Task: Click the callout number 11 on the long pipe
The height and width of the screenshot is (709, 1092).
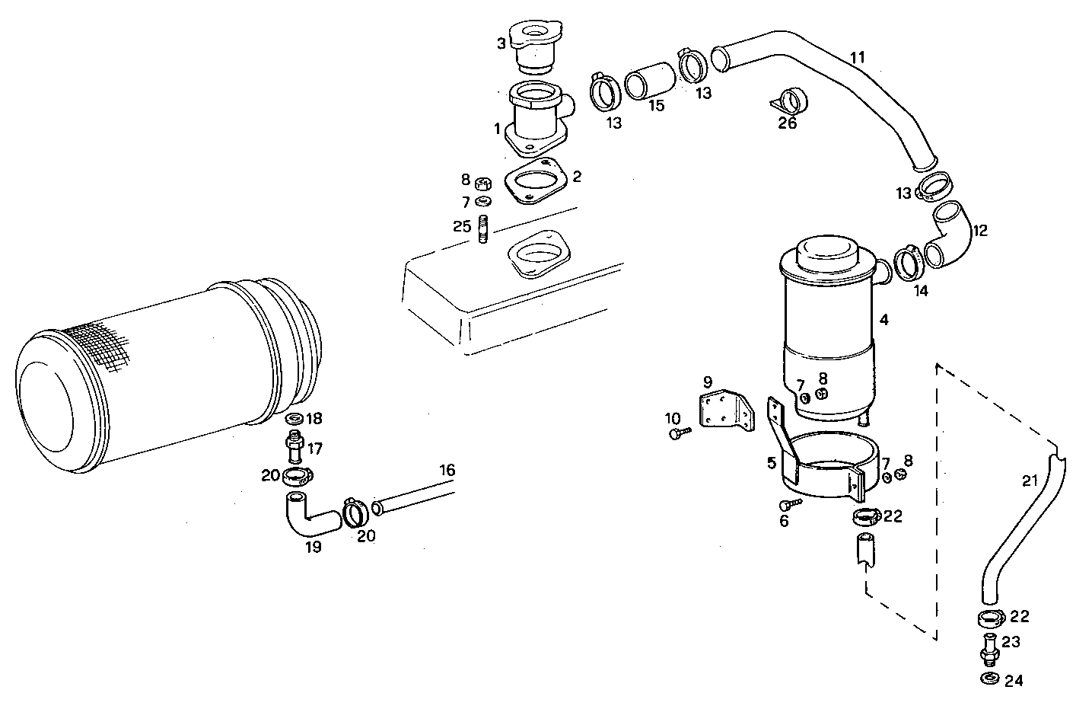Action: tap(858, 57)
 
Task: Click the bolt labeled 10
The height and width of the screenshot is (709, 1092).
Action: tap(679, 433)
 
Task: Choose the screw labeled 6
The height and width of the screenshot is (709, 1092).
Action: tap(789, 504)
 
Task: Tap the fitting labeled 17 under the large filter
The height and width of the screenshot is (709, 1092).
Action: tap(294, 446)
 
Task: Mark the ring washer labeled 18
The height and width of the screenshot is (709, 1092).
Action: tap(294, 419)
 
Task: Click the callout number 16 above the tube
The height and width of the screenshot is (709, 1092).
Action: tap(447, 471)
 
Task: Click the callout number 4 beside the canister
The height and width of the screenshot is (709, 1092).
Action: tap(883, 320)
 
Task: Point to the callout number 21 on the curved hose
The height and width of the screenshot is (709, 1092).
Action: tap(1029, 481)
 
